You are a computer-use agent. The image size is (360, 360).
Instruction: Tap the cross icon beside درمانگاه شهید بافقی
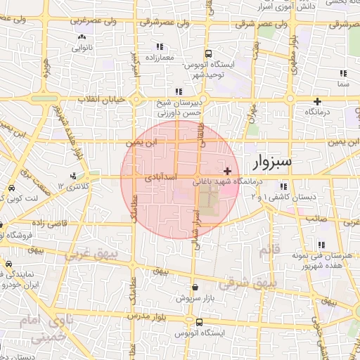tap(227, 171)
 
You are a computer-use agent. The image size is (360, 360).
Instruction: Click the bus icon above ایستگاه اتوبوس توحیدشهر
tap(208, 53)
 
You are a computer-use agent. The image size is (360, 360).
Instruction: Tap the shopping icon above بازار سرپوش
tap(195, 287)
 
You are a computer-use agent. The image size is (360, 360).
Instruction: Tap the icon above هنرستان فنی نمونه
tap(321, 245)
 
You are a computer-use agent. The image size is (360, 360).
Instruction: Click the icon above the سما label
tap(343, 73)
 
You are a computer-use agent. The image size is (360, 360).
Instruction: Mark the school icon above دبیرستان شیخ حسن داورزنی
tap(180, 91)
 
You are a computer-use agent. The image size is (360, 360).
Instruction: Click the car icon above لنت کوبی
tap(12, 189)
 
